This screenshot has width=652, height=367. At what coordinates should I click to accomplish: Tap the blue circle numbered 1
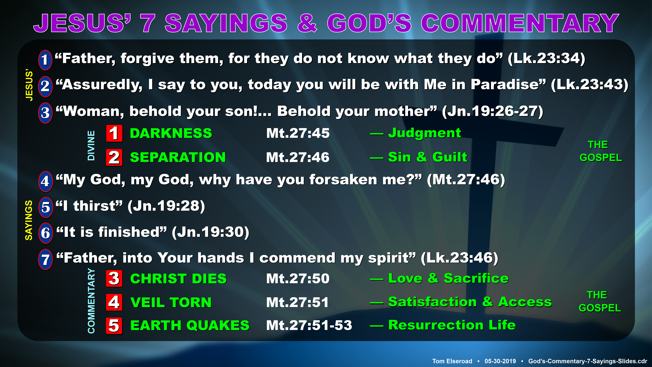[45, 60]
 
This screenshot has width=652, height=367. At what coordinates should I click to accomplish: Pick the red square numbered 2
[114, 158]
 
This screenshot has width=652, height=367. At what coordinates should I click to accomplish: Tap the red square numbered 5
[114, 326]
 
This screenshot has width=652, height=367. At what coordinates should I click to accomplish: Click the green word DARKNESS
[171, 133]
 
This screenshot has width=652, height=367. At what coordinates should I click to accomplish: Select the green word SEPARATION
[178, 157]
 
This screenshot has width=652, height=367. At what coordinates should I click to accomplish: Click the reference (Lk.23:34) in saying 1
[546, 59]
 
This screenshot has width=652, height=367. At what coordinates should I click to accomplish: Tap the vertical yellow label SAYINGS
[29, 220]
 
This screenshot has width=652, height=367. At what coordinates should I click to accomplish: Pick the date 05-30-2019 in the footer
[500, 361]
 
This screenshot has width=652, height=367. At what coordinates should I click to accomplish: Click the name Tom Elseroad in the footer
[452, 361]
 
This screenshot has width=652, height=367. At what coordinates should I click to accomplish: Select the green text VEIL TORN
[171, 302]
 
